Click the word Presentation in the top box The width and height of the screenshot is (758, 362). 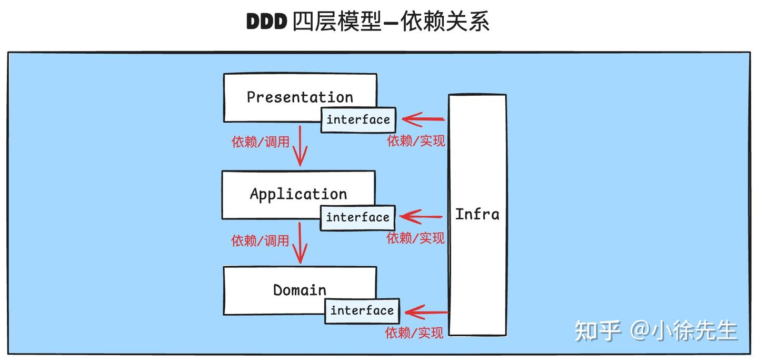pos(300,97)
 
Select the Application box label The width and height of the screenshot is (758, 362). pos(298,194)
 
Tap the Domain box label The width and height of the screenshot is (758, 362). pos(300,290)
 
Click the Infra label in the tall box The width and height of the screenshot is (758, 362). pos(477,214)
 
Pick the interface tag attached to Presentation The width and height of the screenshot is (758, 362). pos(358,120)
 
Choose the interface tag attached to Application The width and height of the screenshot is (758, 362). pos(357,217)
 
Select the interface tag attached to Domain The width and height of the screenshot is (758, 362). pos(362,310)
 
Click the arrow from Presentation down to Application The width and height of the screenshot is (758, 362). pos(300,145)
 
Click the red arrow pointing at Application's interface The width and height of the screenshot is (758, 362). pos(421,217)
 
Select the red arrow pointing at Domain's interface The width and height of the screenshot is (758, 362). pos(426,313)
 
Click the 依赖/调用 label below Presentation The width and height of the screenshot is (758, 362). pos(261,142)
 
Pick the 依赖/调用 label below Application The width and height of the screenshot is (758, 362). pos(261,240)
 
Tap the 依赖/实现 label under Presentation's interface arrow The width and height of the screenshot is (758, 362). pos(416,140)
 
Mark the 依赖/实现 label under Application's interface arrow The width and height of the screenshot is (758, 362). pos(415,238)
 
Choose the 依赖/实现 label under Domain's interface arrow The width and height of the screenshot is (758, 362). pos(414,333)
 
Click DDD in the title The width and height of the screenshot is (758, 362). pos(266,22)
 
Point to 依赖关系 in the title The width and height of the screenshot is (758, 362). pos(445,22)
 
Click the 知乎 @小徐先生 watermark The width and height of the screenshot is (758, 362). pos(655,330)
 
